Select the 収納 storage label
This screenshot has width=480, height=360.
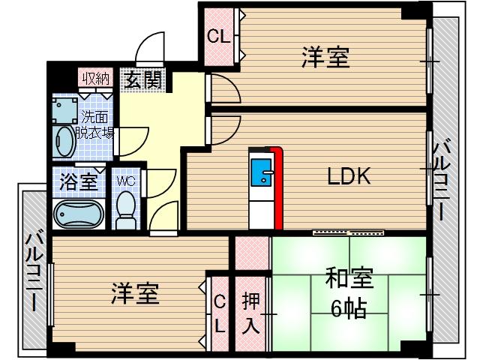(95, 78)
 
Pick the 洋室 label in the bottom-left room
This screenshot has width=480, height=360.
(136, 293)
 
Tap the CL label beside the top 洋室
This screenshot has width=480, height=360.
(218, 36)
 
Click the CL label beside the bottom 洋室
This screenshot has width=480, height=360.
(219, 313)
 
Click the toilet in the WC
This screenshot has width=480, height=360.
(127, 208)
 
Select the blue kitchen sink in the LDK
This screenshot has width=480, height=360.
(262, 172)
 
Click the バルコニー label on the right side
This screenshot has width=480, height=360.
(444, 179)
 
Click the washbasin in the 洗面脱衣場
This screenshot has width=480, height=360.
(65, 140)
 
